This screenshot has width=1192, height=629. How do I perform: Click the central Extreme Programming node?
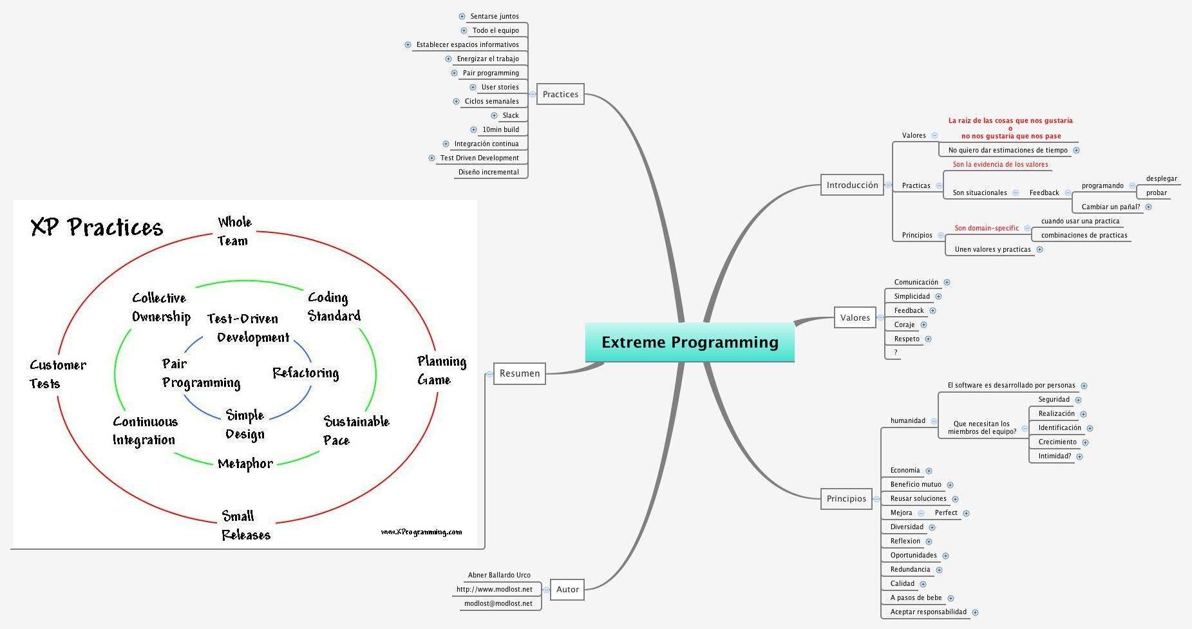pos(690,343)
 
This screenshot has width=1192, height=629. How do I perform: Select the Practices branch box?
pos(560,94)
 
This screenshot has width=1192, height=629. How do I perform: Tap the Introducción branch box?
pos(852,185)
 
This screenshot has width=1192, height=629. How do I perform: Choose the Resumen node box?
pos(520,373)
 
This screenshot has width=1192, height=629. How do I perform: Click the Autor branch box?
pos(567,589)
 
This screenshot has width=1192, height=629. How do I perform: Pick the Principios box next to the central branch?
pos(846,498)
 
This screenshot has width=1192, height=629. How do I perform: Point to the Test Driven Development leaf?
pos(479,158)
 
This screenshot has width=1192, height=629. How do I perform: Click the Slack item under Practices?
pos(511,115)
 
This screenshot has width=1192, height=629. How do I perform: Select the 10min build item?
pos(500,129)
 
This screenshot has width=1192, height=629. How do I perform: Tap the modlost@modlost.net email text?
pos(498,603)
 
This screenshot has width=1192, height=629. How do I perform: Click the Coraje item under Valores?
pos(904,324)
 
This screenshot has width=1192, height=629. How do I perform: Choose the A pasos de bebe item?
pos(916,597)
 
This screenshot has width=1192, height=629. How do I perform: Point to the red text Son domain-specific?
pos(987,228)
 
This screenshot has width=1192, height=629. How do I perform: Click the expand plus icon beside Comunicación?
pos(947,282)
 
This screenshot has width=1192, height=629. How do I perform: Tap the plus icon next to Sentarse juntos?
pos(462,16)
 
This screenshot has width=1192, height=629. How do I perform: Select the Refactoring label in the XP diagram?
pos(305,373)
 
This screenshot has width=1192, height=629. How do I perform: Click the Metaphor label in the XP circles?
pos(245,464)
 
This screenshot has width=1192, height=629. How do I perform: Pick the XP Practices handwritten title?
pos(97,227)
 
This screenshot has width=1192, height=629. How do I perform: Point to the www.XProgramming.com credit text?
pos(421,532)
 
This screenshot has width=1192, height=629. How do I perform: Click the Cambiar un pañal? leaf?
pos(1110,207)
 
